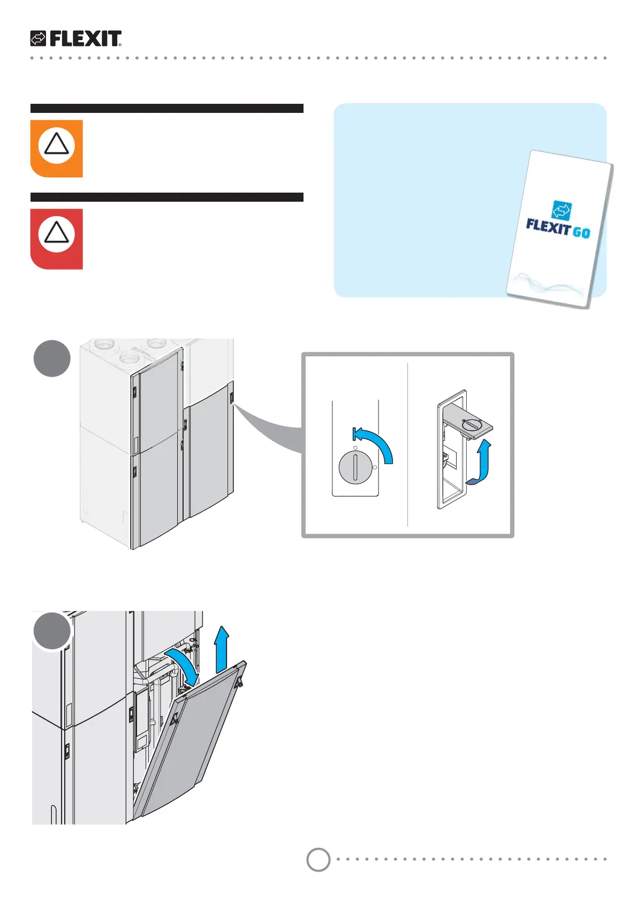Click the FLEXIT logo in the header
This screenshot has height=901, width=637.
[x=76, y=39]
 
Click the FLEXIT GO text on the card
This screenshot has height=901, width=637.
[x=558, y=228]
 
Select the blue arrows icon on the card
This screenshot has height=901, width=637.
[x=562, y=210]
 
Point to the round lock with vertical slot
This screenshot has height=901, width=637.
[x=354, y=467]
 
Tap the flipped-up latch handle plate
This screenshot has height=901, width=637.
[x=469, y=424]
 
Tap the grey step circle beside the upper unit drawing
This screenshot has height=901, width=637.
[x=52, y=358]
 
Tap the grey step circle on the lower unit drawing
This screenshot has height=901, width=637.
[x=52, y=631]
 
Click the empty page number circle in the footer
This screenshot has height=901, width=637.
[x=318, y=860]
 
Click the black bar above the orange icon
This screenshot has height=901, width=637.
[x=166, y=108]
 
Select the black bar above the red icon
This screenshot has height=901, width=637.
[x=166, y=197]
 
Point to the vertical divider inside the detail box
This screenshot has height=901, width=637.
[x=407, y=444]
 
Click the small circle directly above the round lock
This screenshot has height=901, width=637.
[x=355, y=447]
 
